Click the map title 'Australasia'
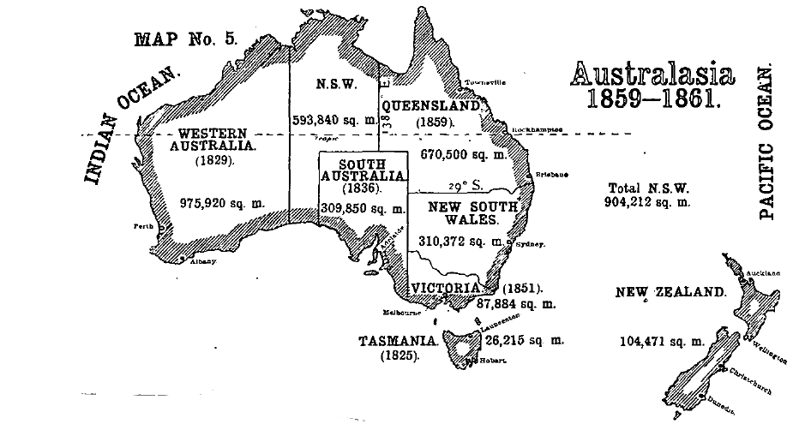tap(652, 75)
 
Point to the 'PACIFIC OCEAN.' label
tap(767, 146)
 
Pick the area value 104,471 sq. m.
tap(661, 341)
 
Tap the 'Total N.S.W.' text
tap(648, 188)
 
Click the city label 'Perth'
tap(142, 227)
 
